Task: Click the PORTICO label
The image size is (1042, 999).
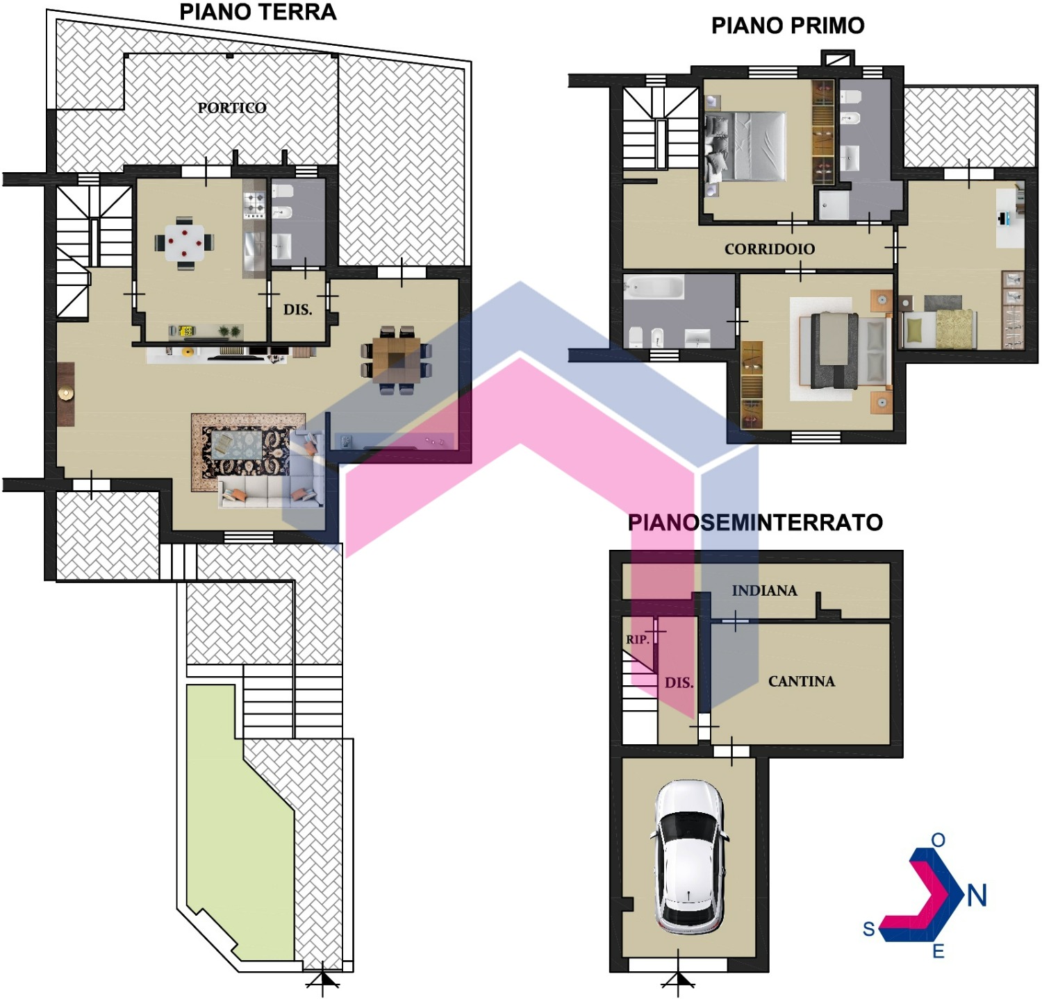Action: [x=232, y=108]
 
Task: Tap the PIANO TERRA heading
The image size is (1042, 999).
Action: [x=258, y=12]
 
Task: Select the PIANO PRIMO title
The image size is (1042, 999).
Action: [x=788, y=26]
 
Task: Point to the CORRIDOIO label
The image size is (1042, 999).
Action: [x=770, y=249]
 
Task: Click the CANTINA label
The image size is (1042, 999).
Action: [x=802, y=681]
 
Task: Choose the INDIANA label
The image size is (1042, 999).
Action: [x=764, y=590]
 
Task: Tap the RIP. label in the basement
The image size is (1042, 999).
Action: [x=637, y=639]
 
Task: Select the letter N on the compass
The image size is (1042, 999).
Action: [x=977, y=896]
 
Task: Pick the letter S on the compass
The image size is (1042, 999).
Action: [x=868, y=929]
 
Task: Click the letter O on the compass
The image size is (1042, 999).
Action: [x=938, y=840]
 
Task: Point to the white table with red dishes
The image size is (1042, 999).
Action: [x=185, y=242]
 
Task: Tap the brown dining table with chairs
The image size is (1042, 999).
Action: [x=396, y=359]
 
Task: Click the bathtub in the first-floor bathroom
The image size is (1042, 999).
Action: [x=653, y=287]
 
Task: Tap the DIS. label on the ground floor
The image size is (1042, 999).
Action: [x=297, y=310]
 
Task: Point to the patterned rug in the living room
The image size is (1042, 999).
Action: [x=248, y=452]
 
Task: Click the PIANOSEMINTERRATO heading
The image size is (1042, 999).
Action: [x=755, y=522]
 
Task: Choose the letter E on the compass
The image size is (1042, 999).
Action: [x=938, y=951]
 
